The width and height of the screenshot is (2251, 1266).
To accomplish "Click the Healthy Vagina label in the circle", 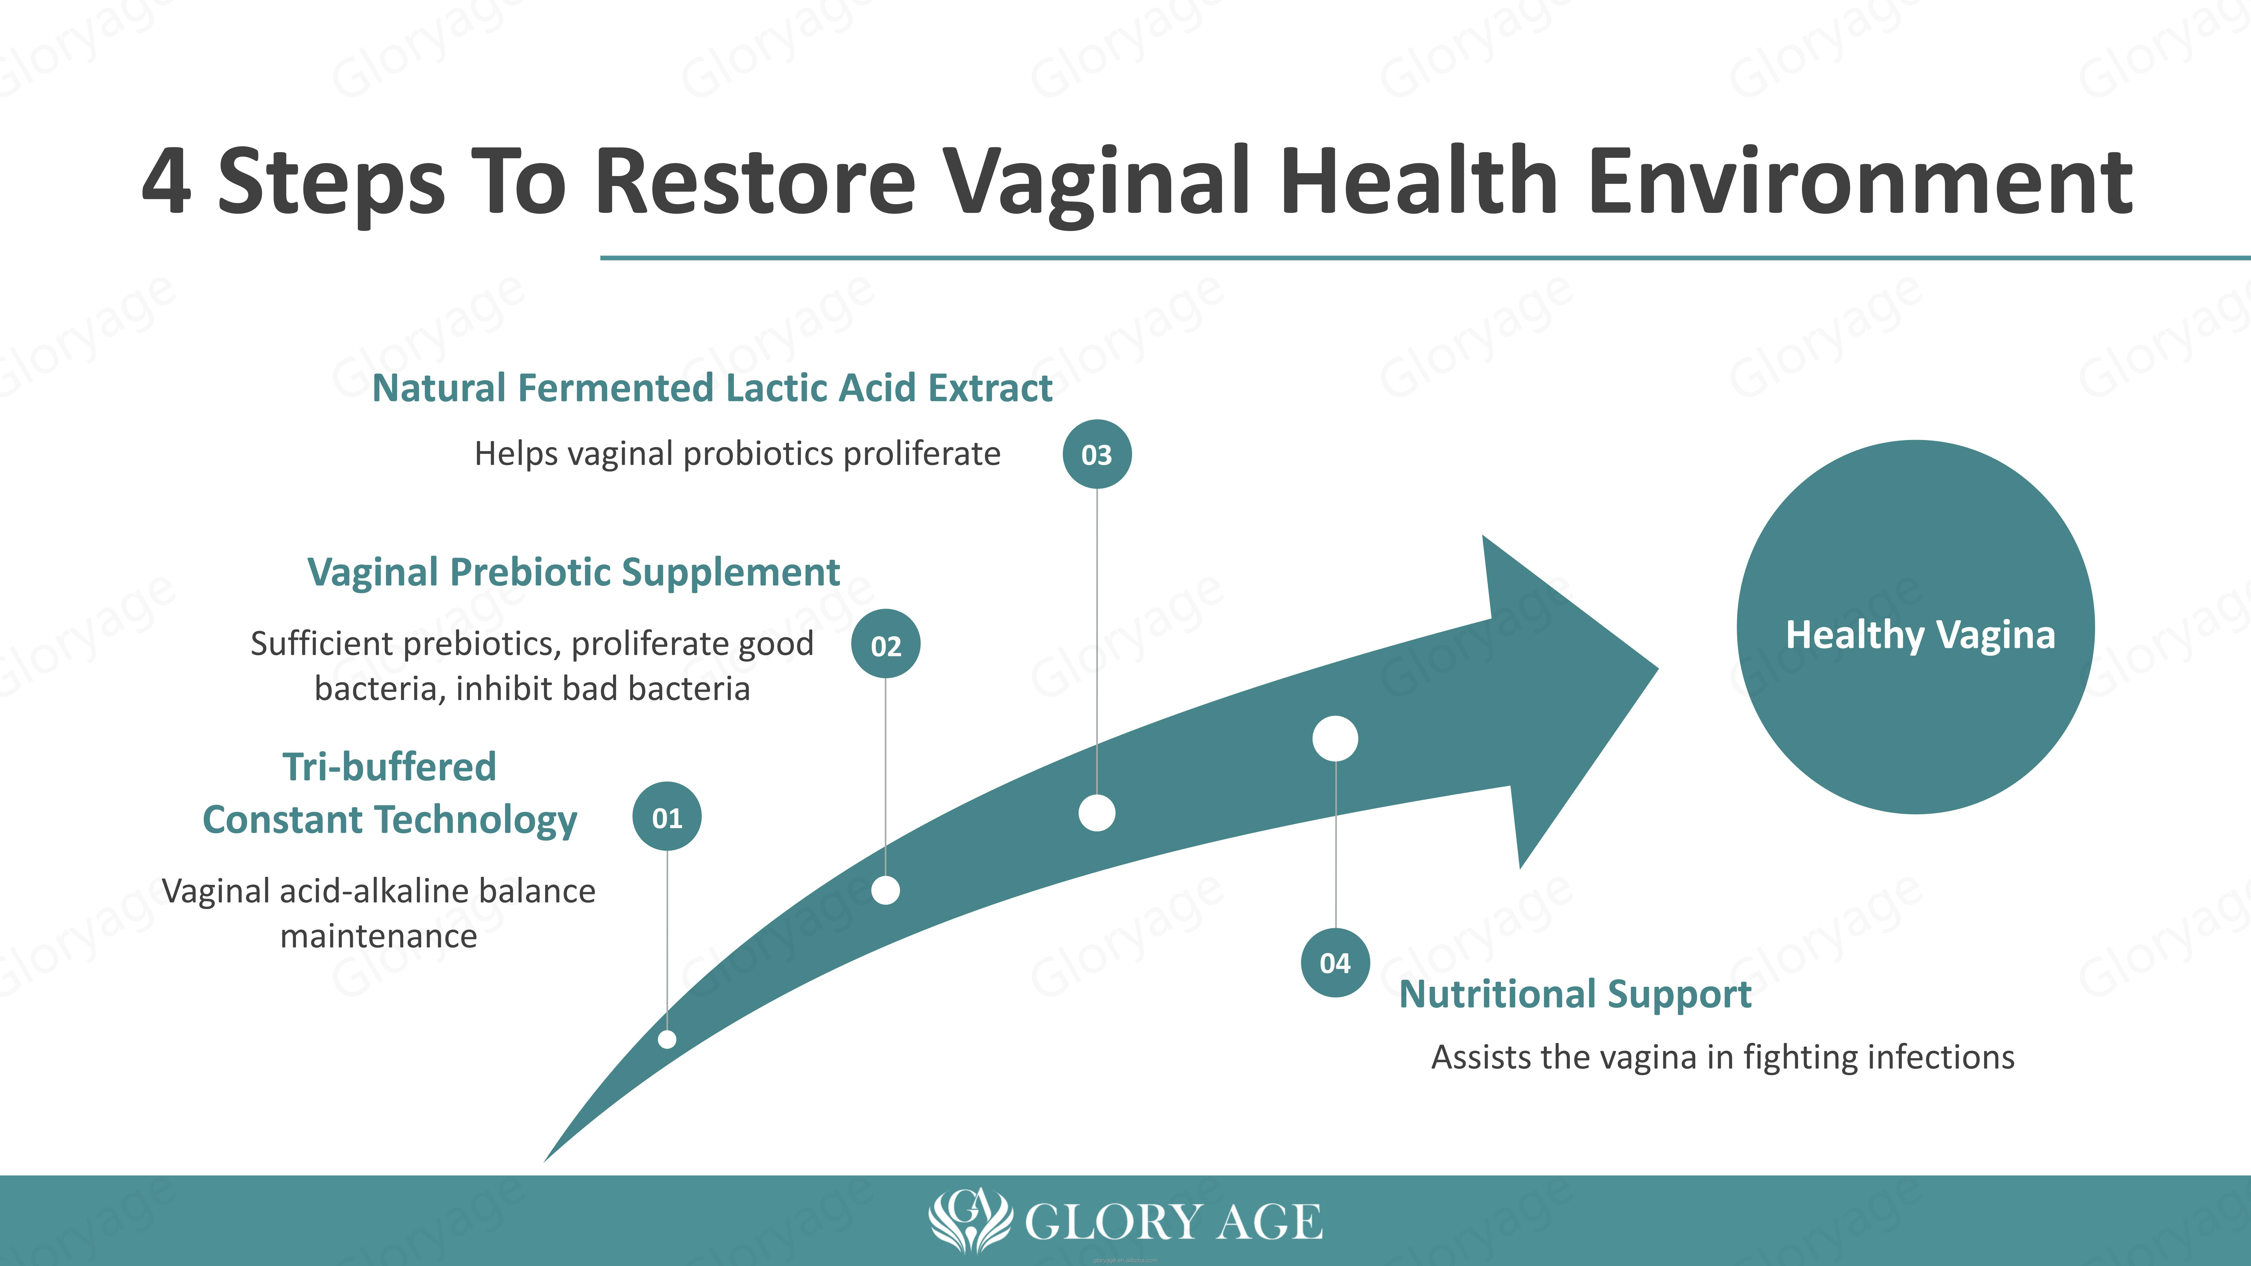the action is (1920, 635).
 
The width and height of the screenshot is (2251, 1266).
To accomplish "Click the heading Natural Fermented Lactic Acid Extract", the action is (712, 388).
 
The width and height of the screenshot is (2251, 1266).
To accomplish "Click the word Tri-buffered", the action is (390, 766).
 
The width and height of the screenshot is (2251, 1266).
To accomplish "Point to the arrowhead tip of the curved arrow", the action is (1658, 670).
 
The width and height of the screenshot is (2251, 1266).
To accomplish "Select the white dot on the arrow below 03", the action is (1097, 813).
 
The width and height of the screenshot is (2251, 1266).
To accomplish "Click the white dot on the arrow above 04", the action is (1335, 738).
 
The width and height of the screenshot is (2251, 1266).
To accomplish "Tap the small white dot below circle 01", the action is (667, 1039).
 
